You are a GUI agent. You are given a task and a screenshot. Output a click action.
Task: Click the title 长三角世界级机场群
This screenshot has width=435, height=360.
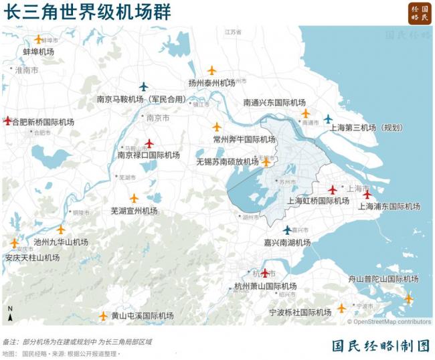[x=88, y=11]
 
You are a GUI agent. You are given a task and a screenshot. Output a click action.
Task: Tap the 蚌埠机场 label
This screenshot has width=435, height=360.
[x=38, y=52]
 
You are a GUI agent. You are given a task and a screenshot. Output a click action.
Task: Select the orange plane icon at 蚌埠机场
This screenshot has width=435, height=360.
[x=38, y=39]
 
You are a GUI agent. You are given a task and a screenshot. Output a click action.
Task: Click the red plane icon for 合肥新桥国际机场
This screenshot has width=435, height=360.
[x=7, y=121]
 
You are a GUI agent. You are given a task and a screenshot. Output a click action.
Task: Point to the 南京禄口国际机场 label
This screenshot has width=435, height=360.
[x=149, y=155]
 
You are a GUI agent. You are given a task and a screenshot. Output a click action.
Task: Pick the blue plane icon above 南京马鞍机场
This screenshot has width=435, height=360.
[x=143, y=86]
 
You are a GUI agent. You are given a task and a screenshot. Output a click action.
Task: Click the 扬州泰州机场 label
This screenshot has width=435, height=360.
[x=211, y=83]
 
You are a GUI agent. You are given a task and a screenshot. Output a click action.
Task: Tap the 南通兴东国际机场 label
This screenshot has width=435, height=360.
[x=274, y=102]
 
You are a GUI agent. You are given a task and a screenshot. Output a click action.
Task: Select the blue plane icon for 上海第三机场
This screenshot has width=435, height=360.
[x=328, y=119]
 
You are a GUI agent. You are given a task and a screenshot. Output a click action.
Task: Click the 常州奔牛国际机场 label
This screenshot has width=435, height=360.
[x=244, y=139]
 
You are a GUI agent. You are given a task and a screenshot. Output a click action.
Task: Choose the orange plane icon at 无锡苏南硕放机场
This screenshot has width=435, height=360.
[x=266, y=161]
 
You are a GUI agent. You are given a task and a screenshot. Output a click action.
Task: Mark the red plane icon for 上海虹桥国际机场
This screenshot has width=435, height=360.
[x=332, y=190]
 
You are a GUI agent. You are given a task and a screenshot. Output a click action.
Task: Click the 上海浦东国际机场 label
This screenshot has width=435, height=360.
[x=389, y=206]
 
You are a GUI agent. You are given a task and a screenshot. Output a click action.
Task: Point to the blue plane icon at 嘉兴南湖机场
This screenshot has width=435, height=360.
[x=287, y=230]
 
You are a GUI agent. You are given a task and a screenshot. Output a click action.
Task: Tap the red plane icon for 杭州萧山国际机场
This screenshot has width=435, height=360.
[x=265, y=273]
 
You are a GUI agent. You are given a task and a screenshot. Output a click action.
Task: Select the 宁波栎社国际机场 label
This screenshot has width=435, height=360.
[x=300, y=312]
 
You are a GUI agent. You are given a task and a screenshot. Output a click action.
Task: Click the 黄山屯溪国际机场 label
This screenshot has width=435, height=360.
[x=142, y=316]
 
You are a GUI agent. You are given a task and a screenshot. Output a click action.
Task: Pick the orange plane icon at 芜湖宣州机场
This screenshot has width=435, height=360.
[x=134, y=199]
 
